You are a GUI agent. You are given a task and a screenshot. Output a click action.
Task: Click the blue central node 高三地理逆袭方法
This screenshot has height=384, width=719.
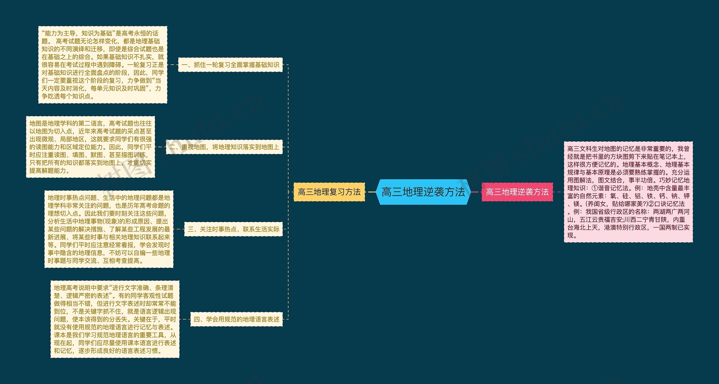pos(423,192)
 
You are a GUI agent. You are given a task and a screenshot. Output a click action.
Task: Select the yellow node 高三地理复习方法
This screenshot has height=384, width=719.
pos(329,192)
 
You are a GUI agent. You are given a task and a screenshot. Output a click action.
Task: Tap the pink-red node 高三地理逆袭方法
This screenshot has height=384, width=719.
pos(517,192)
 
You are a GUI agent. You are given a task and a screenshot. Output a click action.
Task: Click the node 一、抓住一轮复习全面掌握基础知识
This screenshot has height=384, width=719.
pos(230,65)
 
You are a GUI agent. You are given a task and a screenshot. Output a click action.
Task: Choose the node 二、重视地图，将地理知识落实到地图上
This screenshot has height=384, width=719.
pos(224,147)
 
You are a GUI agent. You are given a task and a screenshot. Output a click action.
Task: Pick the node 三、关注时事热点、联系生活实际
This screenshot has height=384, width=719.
pos(233,229)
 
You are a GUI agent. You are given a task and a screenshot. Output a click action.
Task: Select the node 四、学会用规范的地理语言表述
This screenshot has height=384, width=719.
pos(236,319)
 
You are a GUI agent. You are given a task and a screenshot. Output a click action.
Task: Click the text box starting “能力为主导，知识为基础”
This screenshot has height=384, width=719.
pos(103,65)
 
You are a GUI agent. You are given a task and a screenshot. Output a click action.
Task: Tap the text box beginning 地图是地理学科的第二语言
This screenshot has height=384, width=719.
pos(90,147)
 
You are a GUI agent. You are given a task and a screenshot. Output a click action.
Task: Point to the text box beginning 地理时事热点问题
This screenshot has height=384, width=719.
pos(109,229)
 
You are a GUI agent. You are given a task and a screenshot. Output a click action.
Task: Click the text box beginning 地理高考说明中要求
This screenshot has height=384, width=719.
pos(115,319)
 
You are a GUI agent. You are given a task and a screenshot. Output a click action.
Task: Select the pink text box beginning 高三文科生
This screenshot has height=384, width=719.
pos(628,192)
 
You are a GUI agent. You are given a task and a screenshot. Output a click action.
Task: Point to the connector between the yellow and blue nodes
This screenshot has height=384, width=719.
pos(371,192)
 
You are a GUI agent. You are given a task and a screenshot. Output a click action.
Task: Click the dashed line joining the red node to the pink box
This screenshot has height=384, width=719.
pos(558,192)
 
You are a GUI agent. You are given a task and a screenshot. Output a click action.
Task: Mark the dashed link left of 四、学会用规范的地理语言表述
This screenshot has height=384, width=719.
pos(185,319)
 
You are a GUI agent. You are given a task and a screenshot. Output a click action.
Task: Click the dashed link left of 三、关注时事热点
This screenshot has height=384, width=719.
pos(179,229)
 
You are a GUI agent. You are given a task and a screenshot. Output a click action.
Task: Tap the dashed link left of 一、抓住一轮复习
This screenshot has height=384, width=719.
pos(172,65)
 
